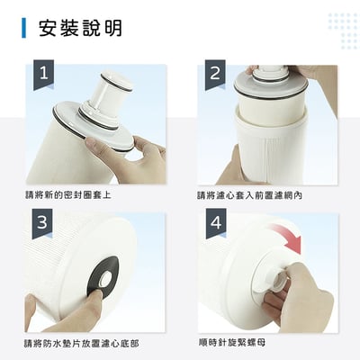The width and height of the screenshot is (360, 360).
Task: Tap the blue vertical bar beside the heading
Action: pyautogui.click(x=24, y=28)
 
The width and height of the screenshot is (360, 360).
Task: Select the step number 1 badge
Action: pyautogui.click(x=42, y=76)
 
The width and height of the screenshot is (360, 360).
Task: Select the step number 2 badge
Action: pyautogui.click(x=215, y=75)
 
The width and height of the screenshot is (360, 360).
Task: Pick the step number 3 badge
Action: pyautogui.click(x=42, y=224)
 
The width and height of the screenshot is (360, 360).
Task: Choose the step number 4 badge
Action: pyautogui.click(x=215, y=224)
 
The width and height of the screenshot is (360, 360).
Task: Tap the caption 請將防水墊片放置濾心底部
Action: pyautogui.click(x=81, y=344)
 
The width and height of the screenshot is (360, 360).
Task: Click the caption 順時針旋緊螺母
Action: pyautogui.click(x=231, y=343)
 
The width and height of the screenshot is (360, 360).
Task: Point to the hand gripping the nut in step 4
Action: pyautogui.click(x=301, y=301)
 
